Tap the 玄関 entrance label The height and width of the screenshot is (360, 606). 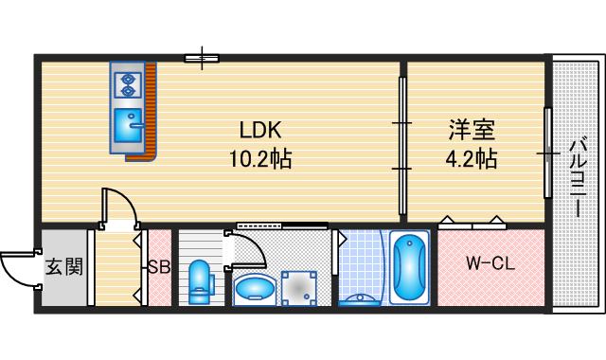[x=63, y=266]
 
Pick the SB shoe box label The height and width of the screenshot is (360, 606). [x=158, y=267]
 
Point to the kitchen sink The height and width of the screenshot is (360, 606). [x=127, y=123]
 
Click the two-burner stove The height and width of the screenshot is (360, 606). [x=127, y=83]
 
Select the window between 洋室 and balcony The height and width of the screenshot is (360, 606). [x=547, y=152]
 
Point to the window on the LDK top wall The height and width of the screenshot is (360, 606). [x=202, y=60]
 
